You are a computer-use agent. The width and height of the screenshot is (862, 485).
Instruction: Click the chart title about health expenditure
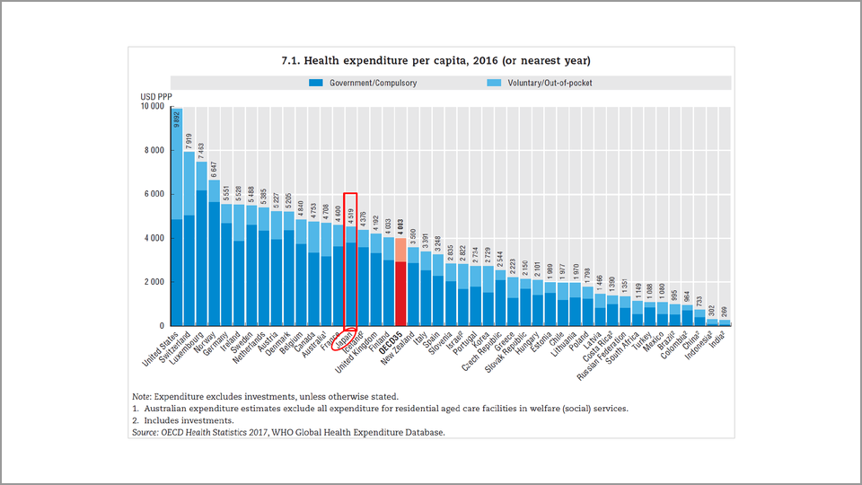click(x=434, y=60)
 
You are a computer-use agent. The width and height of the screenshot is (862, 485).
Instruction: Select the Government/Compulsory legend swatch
click(x=315, y=83)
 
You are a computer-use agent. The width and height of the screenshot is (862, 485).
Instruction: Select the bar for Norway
click(x=214, y=252)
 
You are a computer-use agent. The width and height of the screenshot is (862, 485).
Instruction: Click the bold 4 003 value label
click(x=400, y=226)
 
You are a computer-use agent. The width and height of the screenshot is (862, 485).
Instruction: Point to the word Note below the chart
click(x=141, y=396)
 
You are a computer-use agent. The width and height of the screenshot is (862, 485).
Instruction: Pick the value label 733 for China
click(x=699, y=301)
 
